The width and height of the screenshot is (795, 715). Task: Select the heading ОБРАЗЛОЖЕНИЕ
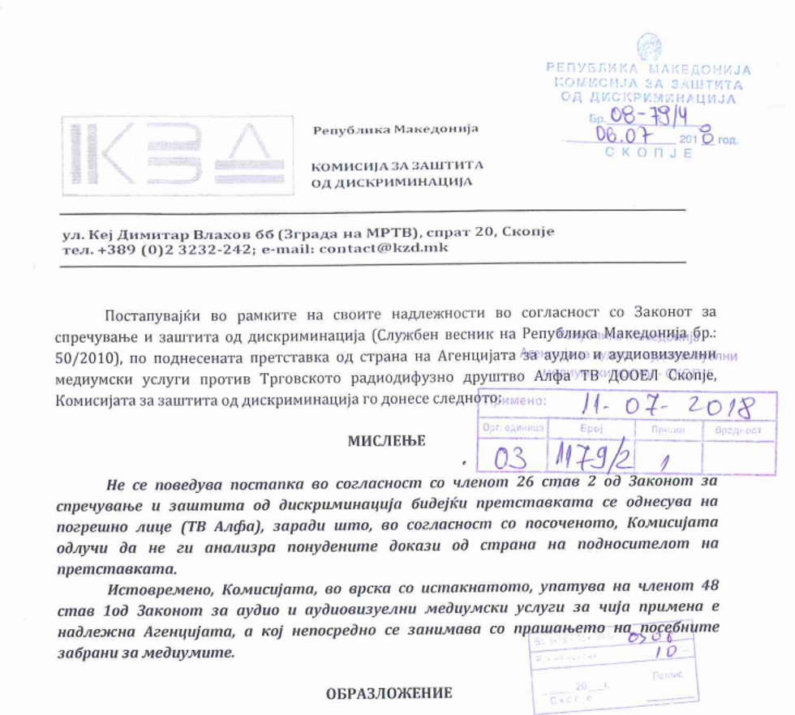(389, 693)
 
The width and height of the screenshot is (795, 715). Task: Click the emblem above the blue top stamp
(649, 46)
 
